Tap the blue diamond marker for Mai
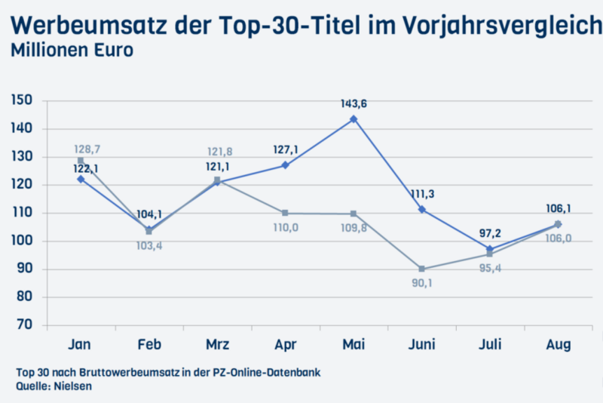click(x=354, y=120)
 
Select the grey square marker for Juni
click(x=422, y=269)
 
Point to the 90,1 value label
click(x=422, y=284)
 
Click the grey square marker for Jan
click(x=81, y=161)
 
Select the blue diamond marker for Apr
click(x=285, y=165)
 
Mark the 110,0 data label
click(x=285, y=226)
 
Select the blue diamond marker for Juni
click(x=422, y=209)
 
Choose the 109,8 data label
click(x=354, y=227)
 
